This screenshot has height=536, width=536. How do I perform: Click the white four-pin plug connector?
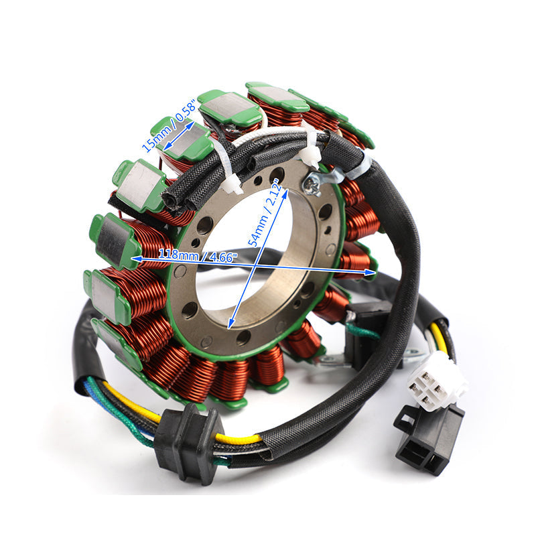click(x=436, y=384)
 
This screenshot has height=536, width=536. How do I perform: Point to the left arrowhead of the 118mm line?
click(x=135, y=257)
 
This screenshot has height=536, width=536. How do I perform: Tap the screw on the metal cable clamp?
click(x=312, y=182)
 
